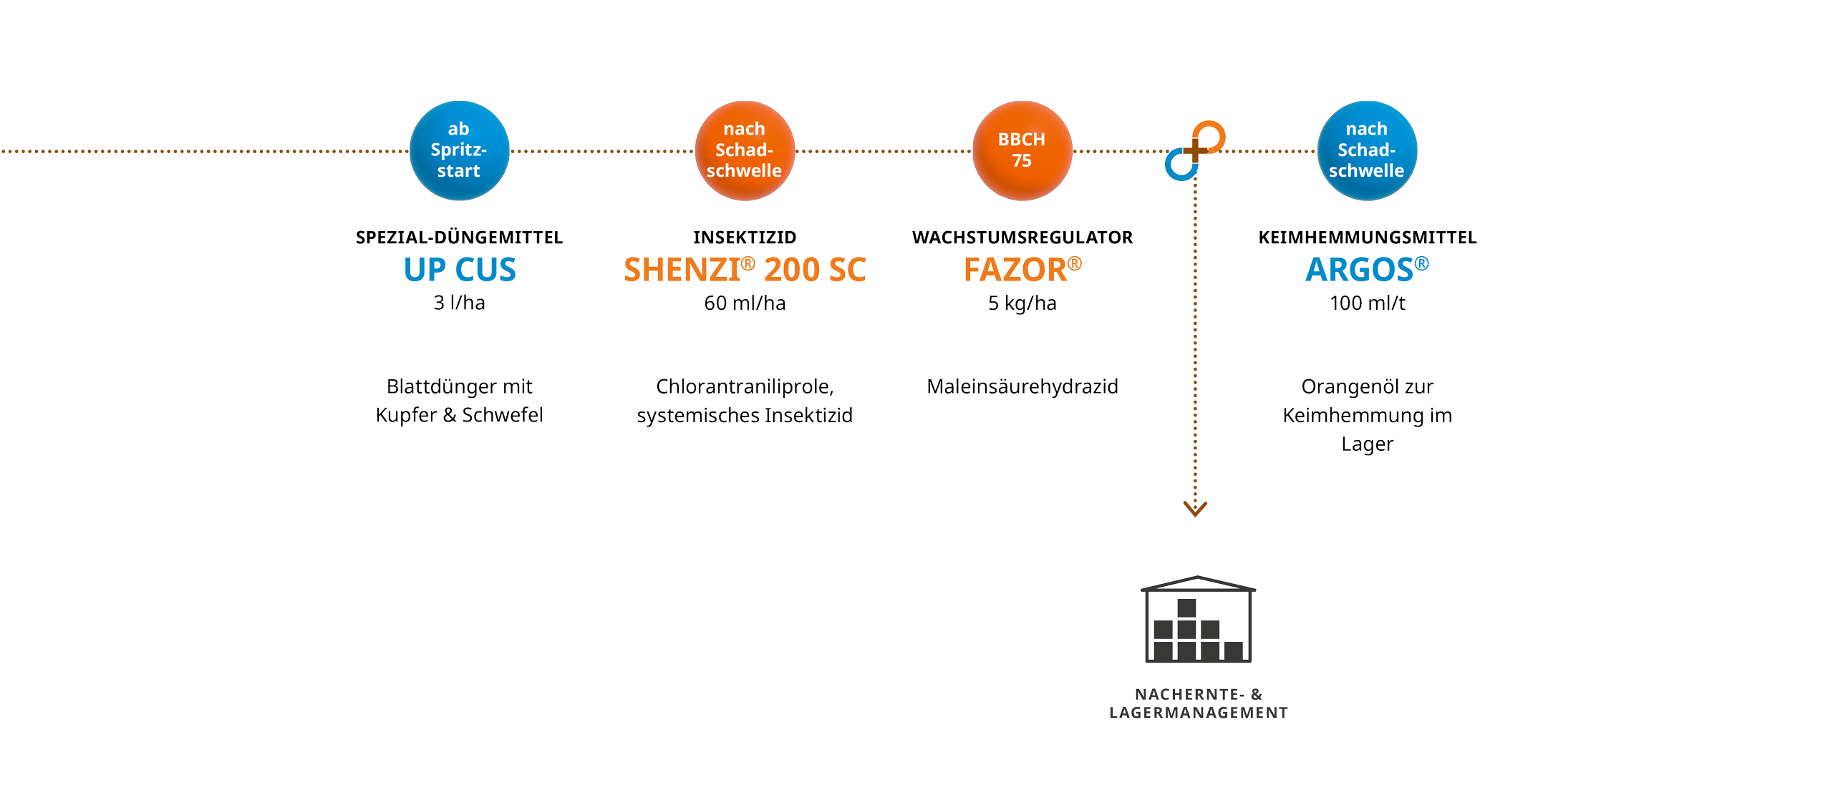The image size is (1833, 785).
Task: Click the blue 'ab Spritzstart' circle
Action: point(459,150)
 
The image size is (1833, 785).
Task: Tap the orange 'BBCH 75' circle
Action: point(1022,150)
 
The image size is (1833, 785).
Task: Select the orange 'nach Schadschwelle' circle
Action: point(745,150)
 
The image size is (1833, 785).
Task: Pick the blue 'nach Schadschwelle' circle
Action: point(1366,150)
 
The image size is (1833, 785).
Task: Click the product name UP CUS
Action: point(459,270)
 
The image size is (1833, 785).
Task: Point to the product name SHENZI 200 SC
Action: point(745,270)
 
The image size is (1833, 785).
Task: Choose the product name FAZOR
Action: point(1022,270)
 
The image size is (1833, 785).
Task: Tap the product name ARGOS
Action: point(1366,270)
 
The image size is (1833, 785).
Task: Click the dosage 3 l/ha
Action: point(459,303)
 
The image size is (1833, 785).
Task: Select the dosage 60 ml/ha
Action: point(745,303)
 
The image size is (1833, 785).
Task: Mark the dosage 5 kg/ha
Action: point(1022,303)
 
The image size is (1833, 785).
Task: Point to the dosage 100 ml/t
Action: point(1367,303)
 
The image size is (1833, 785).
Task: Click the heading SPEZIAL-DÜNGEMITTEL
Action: point(459,237)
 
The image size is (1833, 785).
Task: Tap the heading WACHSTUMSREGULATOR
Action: point(1022,237)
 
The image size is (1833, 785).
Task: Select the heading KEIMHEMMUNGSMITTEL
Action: point(1367,237)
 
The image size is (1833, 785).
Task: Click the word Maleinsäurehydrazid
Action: point(1022,386)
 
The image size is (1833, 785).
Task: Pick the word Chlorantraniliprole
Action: point(743,386)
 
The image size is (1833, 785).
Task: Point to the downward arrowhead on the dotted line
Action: point(1195,509)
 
